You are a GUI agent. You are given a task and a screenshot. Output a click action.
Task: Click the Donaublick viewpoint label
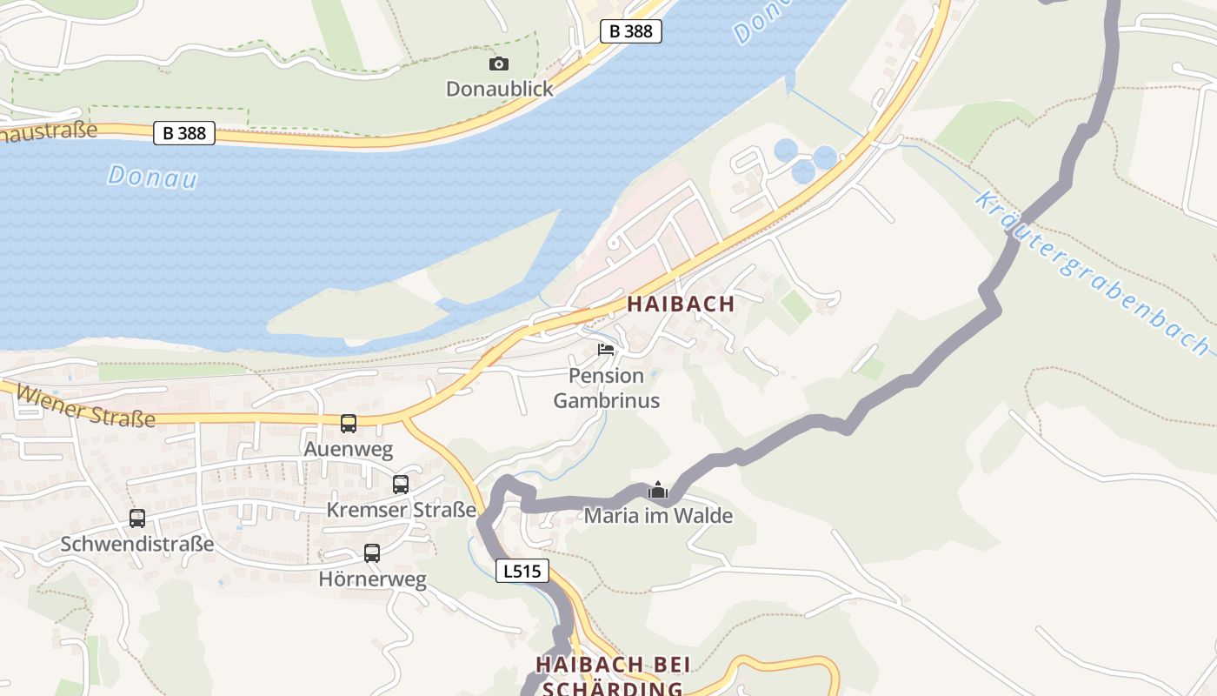pyautogui.click(x=499, y=89)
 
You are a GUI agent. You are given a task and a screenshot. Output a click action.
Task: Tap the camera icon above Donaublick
pyautogui.click(x=499, y=64)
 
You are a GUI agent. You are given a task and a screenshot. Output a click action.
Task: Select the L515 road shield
pyautogui.click(x=522, y=572)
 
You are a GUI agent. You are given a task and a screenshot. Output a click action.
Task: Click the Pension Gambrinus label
pyautogui.click(x=606, y=388)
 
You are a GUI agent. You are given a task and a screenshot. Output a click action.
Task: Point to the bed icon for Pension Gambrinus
pyautogui.click(x=606, y=350)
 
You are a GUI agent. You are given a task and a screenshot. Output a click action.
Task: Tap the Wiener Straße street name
pyautogui.click(x=86, y=406)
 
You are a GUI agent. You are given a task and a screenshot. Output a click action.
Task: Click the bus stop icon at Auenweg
pyautogui.click(x=349, y=424)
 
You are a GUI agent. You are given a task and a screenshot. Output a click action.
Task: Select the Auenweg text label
pyautogui.click(x=348, y=450)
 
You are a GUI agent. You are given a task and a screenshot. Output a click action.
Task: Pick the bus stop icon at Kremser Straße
pyautogui.click(x=401, y=485)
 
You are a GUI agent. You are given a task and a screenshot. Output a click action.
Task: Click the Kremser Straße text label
pyautogui.click(x=402, y=510)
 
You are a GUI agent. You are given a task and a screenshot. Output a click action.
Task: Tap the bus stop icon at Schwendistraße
pyautogui.click(x=137, y=519)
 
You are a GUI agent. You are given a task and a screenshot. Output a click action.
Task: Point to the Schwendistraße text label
pyautogui.click(x=137, y=545)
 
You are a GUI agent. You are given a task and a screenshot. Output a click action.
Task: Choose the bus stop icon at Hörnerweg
pyautogui.click(x=372, y=553)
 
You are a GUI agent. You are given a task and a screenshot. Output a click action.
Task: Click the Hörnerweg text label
pyautogui.click(x=372, y=579)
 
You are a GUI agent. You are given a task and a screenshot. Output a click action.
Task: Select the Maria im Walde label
pyautogui.click(x=658, y=516)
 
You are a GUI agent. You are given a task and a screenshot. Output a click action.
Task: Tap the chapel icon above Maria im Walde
pyautogui.click(x=658, y=491)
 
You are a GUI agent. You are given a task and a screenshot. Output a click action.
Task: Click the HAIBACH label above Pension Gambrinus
pyautogui.click(x=681, y=304)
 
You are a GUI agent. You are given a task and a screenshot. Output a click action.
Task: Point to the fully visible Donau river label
pyautogui.click(x=152, y=177)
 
